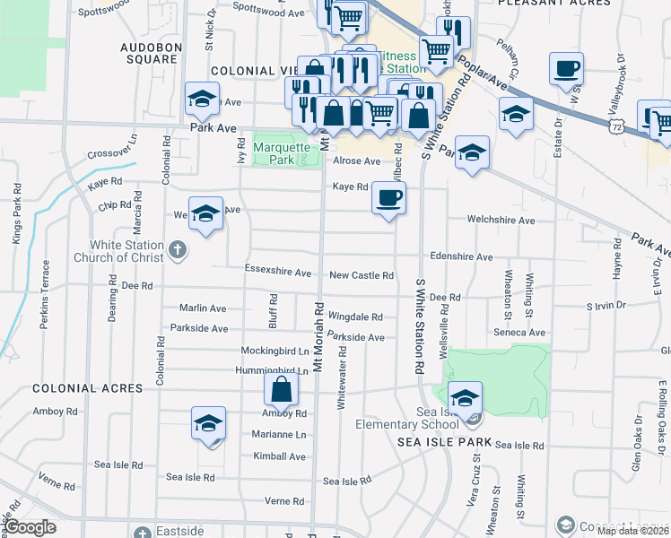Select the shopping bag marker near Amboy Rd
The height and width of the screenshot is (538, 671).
(282, 389)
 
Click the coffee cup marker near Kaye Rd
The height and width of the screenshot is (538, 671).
(388, 197)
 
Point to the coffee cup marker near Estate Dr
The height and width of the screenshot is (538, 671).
(566, 70)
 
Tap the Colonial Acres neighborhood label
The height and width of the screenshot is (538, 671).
(88, 388)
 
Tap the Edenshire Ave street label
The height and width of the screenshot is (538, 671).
(460, 256)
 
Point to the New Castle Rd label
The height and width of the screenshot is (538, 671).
(362, 275)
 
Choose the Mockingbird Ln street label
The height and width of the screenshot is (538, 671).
(274, 351)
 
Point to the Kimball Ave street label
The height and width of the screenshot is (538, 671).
(279, 456)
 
